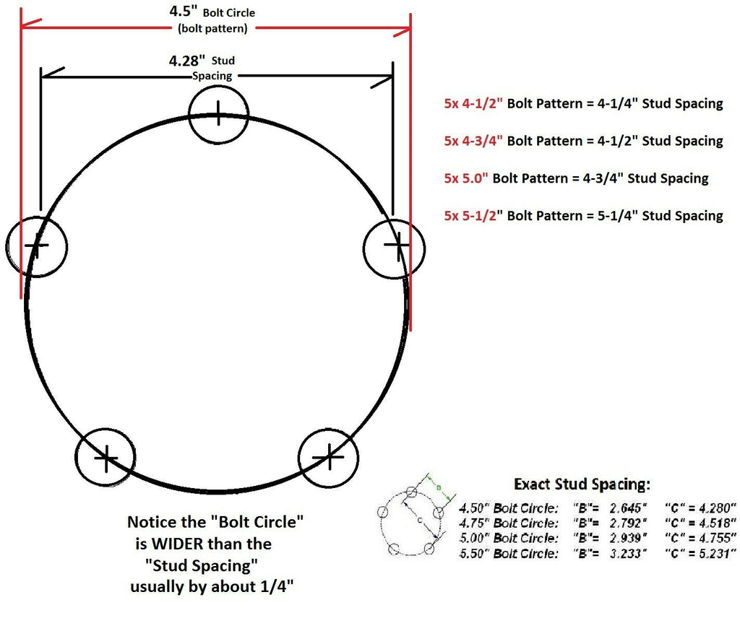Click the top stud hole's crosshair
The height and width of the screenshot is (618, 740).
[218, 111]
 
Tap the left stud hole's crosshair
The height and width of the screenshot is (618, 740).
[36, 245]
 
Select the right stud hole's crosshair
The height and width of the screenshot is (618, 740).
[394, 246]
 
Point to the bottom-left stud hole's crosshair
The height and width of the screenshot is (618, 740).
[106, 457]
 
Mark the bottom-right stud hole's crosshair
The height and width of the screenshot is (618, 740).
[330, 456]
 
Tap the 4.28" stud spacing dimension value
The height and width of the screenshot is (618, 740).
[184, 61]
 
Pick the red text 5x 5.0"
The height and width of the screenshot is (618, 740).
[466, 178]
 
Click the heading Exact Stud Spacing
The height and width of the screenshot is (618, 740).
[582, 484]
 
